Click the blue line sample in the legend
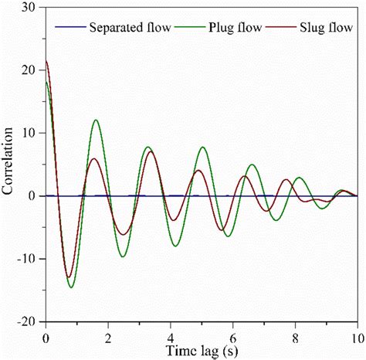pyautogui.click(x=69, y=29)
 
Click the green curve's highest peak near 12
pyautogui.click(x=96, y=120)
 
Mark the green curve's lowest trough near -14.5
pyautogui.click(x=71, y=287)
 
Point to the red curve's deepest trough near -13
pyautogui.click(x=68, y=277)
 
